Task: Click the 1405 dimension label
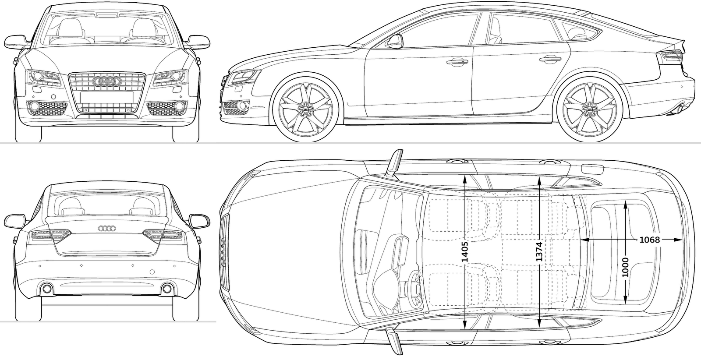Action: click(465, 252)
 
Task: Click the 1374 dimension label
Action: click(539, 252)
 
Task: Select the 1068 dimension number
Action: click(650, 240)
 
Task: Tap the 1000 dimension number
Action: click(625, 267)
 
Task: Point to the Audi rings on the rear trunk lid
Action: click(107, 228)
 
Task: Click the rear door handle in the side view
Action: click(550, 60)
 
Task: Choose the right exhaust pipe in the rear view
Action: click(167, 289)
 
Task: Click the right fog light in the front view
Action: click(179, 106)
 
